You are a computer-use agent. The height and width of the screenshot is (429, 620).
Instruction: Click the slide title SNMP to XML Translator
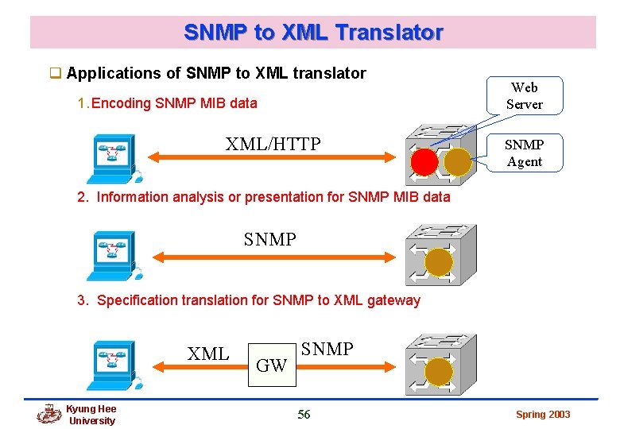coord(313,33)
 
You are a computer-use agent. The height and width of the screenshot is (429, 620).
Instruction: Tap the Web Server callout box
coord(524,96)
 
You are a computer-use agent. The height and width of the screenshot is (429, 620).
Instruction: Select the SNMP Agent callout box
coord(524,153)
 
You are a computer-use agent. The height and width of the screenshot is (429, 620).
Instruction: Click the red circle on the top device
coord(424,161)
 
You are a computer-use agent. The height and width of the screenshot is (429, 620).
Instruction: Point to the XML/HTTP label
coord(273,144)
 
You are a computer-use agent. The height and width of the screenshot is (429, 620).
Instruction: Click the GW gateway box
coord(272,365)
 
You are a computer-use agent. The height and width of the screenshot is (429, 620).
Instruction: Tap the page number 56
coord(304,414)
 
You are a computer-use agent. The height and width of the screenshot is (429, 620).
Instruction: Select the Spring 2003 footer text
coord(543,415)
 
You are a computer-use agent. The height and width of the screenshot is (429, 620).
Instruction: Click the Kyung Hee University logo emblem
coord(49,415)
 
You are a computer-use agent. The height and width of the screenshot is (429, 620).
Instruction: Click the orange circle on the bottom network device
coord(439,371)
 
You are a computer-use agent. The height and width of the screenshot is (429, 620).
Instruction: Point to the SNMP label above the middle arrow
coord(269,239)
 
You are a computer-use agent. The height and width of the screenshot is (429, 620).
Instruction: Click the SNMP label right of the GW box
coord(327,349)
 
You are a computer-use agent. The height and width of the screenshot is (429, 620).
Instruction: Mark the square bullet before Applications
coord(56,74)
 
